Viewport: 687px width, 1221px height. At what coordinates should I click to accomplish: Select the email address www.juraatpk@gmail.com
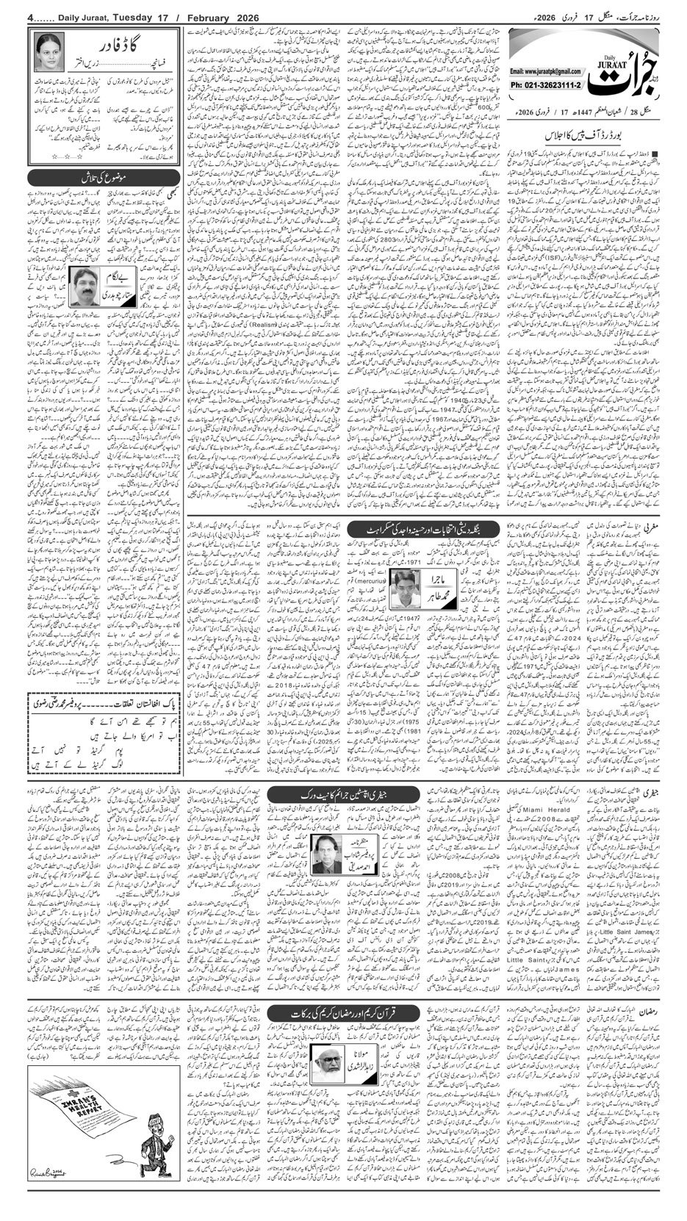[542, 71]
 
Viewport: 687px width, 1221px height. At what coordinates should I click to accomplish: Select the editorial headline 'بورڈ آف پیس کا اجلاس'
[580, 136]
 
